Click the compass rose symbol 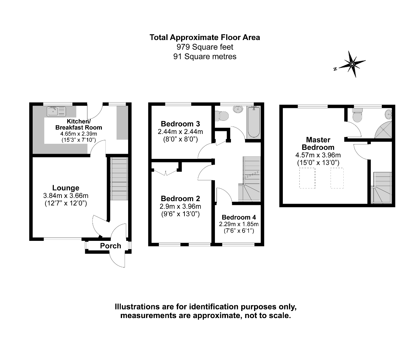coord(352,64)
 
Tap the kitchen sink coord(56,111)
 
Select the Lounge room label coord(66,188)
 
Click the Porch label coord(111,246)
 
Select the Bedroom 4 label coord(239,217)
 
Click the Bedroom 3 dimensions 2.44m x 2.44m coord(180,132)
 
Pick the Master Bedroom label coord(318,143)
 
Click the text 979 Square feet coord(205,47)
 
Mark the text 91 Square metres coord(205,57)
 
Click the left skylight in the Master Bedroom coord(307,178)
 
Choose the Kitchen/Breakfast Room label coord(78,124)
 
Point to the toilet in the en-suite coord(357,116)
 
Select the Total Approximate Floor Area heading coord(205,37)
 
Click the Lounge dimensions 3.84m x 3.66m coord(66,196)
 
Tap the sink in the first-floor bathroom coord(238,110)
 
